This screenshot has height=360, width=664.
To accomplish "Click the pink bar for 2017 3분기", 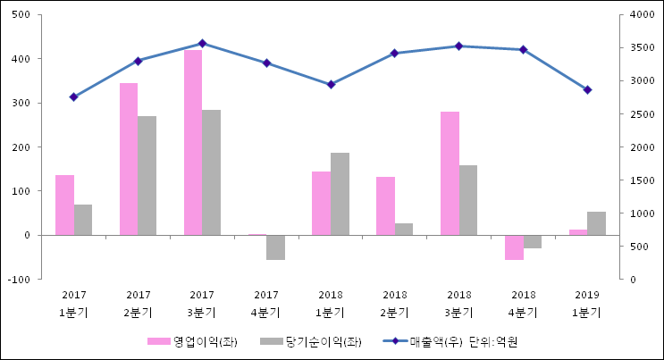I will (x=192, y=143).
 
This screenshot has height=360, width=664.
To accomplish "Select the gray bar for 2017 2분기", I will (x=147, y=175).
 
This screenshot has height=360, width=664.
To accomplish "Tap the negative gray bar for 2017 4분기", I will (x=275, y=247).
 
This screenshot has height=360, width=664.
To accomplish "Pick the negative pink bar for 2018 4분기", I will (x=514, y=247).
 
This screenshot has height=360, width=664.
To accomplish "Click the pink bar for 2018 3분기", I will (x=450, y=173).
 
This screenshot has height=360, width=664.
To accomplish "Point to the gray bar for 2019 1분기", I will (x=596, y=223).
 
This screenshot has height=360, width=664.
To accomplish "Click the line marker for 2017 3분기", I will (x=202, y=43).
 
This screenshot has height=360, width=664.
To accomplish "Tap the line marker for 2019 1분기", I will (x=587, y=90).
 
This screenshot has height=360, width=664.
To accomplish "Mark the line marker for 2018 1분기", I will (x=331, y=84).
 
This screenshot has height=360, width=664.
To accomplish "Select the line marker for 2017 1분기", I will (x=74, y=96).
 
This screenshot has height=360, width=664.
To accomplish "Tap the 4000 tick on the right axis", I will (x=642, y=15).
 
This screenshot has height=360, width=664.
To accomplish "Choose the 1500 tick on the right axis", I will (x=642, y=180).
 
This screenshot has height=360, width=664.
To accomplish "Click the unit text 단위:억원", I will (x=493, y=341).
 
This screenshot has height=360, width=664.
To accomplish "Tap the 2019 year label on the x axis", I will (x=587, y=294).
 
